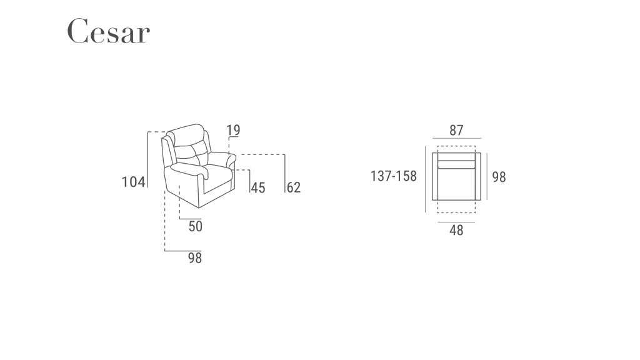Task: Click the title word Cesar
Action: (108, 31)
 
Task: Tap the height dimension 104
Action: (133, 182)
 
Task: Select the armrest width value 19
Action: (233, 130)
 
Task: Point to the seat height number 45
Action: (257, 187)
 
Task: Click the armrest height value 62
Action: (293, 187)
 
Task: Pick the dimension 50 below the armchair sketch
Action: (196, 226)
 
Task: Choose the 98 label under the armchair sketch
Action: (195, 257)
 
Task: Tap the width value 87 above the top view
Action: (456, 130)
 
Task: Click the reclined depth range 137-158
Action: (393, 176)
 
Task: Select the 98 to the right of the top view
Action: (499, 177)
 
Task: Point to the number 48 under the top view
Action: (456, 231)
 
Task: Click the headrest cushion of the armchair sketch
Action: (187, 135)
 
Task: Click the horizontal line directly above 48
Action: (456, 222)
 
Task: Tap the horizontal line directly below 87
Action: (456, 138)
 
